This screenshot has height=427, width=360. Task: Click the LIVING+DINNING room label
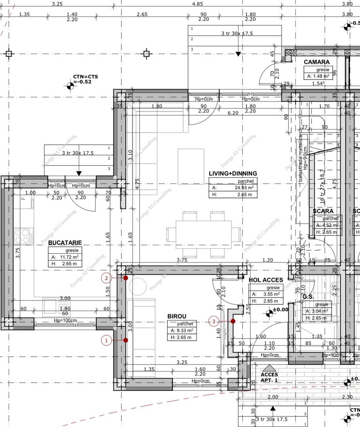(x=233, y=174)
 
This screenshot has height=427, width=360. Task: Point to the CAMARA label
(x=316, y=62)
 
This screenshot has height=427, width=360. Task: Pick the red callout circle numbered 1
(x=106, y=340)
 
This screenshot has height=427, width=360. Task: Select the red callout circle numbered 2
(x=106, y=278)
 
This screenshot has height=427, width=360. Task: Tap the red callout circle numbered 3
(x=214, y=321)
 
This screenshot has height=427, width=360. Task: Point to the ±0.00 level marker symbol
(x=270, y=313)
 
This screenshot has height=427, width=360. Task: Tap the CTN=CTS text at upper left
(x=85, y=76)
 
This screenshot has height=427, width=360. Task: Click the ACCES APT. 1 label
(x=269, y=377)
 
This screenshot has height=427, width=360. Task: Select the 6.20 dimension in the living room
(x=233, y=113)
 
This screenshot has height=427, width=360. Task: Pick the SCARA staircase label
(x=323, y=211)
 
